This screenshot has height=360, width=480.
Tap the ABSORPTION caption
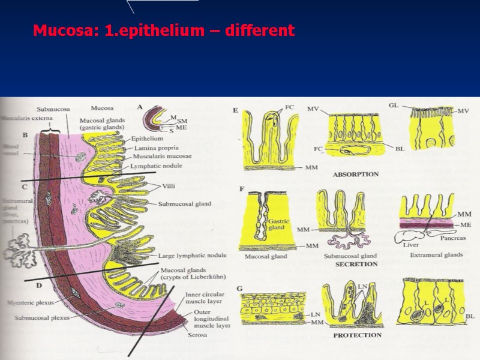356,175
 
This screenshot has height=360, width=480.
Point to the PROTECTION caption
358,335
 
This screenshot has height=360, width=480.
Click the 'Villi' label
169,187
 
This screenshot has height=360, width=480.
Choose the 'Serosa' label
196,335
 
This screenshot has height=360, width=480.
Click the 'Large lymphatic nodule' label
192,255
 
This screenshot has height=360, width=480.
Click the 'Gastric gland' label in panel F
279,224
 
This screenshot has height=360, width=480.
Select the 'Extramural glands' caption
437,255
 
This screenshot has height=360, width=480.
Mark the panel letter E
235,110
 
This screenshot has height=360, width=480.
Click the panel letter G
239,289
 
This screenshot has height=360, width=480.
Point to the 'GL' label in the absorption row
394,106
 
